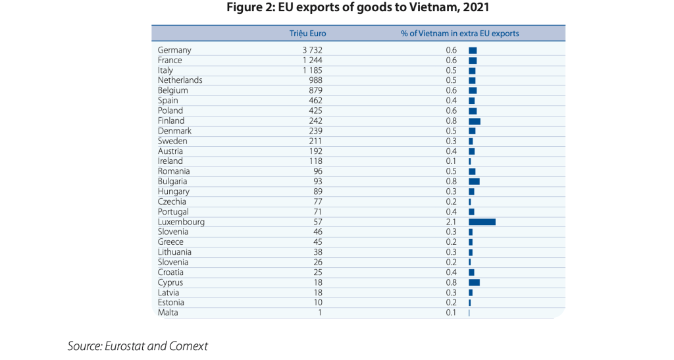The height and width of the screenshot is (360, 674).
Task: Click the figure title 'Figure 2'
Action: pyautogui.click(x=358, y=9)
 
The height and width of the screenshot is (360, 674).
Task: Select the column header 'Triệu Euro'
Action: pyautogui.click(x=308, y=34)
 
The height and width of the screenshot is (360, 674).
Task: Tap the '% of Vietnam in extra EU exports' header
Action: pyautogui.click(x=459, y=34)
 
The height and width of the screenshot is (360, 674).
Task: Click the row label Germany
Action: pyautogui.click(x=174, y=50)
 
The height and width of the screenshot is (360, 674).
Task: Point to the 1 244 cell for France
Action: pyautogui.click(x=312, y=60)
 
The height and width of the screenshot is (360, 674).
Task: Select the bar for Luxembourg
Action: pyautogui.click(x=482, y=222)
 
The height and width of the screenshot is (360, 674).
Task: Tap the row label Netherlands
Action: pyautogui.click(x=180, y=80)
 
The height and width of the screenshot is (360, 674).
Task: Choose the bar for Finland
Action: pyautogui.click(x=475, y=121)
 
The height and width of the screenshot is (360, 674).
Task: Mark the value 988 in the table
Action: pyautogui.click(x=315, y=80)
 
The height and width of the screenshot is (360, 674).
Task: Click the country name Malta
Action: pyautogui.click(x=168, y=313)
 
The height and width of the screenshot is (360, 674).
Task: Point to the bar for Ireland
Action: pyautogui.click(x=470, y=161)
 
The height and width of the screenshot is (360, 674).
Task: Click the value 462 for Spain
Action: pyautogui.click(x=315, y=101)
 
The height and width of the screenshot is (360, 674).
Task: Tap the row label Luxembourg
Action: pyautogui.click(x=181, y=222)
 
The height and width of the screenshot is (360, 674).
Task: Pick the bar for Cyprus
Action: pyautogui.click(x=474, y=282)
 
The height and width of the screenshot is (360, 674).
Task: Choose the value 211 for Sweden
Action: pyautogui.click(x=315, y=141)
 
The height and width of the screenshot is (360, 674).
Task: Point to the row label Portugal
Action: pyautogui.click(x=173, y=212)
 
